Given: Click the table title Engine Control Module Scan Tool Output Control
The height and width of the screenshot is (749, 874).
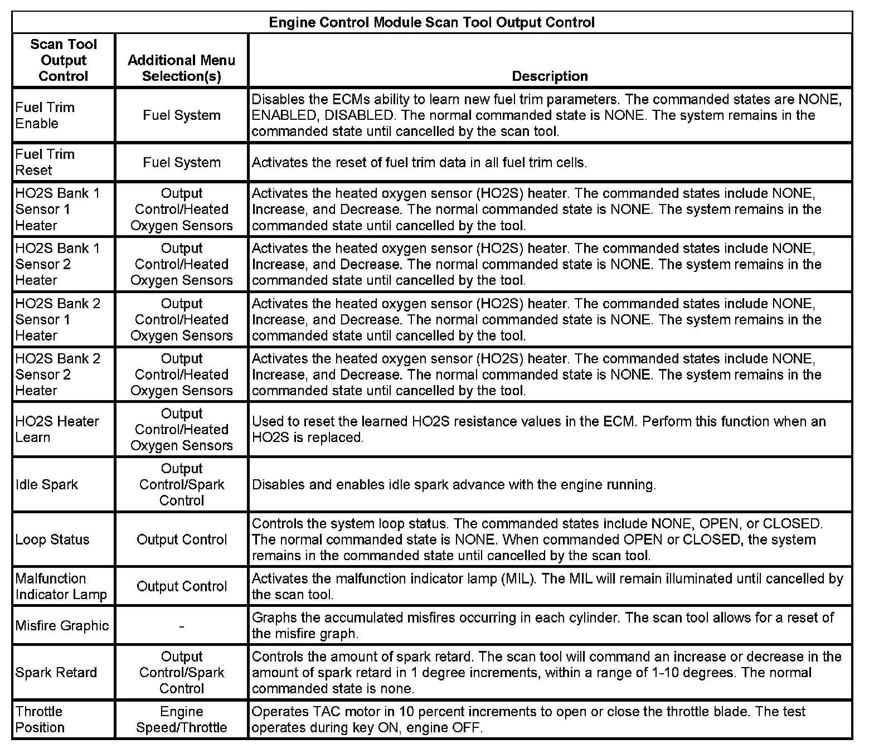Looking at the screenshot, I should click(431, 22).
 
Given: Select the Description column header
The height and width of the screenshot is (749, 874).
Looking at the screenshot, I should click(550, 76).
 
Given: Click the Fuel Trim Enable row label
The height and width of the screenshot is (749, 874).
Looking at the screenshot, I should click(45, 115).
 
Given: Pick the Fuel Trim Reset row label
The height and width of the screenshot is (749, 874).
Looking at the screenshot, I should click(45, 162).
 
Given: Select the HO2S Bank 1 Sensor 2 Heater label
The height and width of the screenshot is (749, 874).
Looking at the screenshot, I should click(58, 264).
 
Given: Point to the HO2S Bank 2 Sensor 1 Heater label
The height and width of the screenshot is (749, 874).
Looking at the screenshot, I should click(58, 319).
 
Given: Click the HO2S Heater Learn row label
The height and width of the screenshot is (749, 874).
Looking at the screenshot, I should click(57, 429).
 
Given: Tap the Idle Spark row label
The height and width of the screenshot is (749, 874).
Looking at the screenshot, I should click(47, 484).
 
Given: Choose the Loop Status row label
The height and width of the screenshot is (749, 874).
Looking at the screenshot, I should click(52, 539).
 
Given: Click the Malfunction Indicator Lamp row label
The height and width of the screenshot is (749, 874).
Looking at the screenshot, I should click(61, 586).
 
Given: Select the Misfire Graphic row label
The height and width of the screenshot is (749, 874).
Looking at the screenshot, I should click(62, 625).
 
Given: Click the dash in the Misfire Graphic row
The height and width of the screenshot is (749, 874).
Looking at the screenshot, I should click(182, 626).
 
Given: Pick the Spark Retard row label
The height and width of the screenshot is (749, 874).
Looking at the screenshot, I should click(56, 673).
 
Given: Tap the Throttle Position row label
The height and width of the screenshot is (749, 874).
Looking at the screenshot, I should click(40, 719).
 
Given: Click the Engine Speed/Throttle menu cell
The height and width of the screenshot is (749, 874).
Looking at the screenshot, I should click(182, 719).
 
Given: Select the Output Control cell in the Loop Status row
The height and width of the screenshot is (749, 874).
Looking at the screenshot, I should click(182, 539).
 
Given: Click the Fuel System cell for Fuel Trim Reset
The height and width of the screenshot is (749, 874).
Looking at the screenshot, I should click(182, 162).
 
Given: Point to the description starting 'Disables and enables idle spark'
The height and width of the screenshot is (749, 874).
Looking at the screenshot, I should click(454, 484).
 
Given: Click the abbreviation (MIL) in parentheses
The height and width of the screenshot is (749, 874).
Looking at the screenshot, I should click(519, 578).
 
